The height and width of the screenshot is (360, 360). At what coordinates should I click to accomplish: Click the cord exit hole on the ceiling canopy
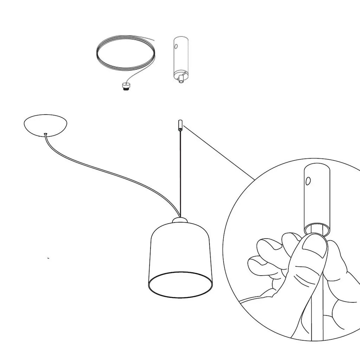[46, 134]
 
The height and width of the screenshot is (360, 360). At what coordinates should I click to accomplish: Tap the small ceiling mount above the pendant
[180, 125]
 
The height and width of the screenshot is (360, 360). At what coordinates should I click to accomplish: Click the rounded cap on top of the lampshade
[180, 221]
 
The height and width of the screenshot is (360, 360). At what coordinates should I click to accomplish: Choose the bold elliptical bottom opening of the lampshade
[180, 285]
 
